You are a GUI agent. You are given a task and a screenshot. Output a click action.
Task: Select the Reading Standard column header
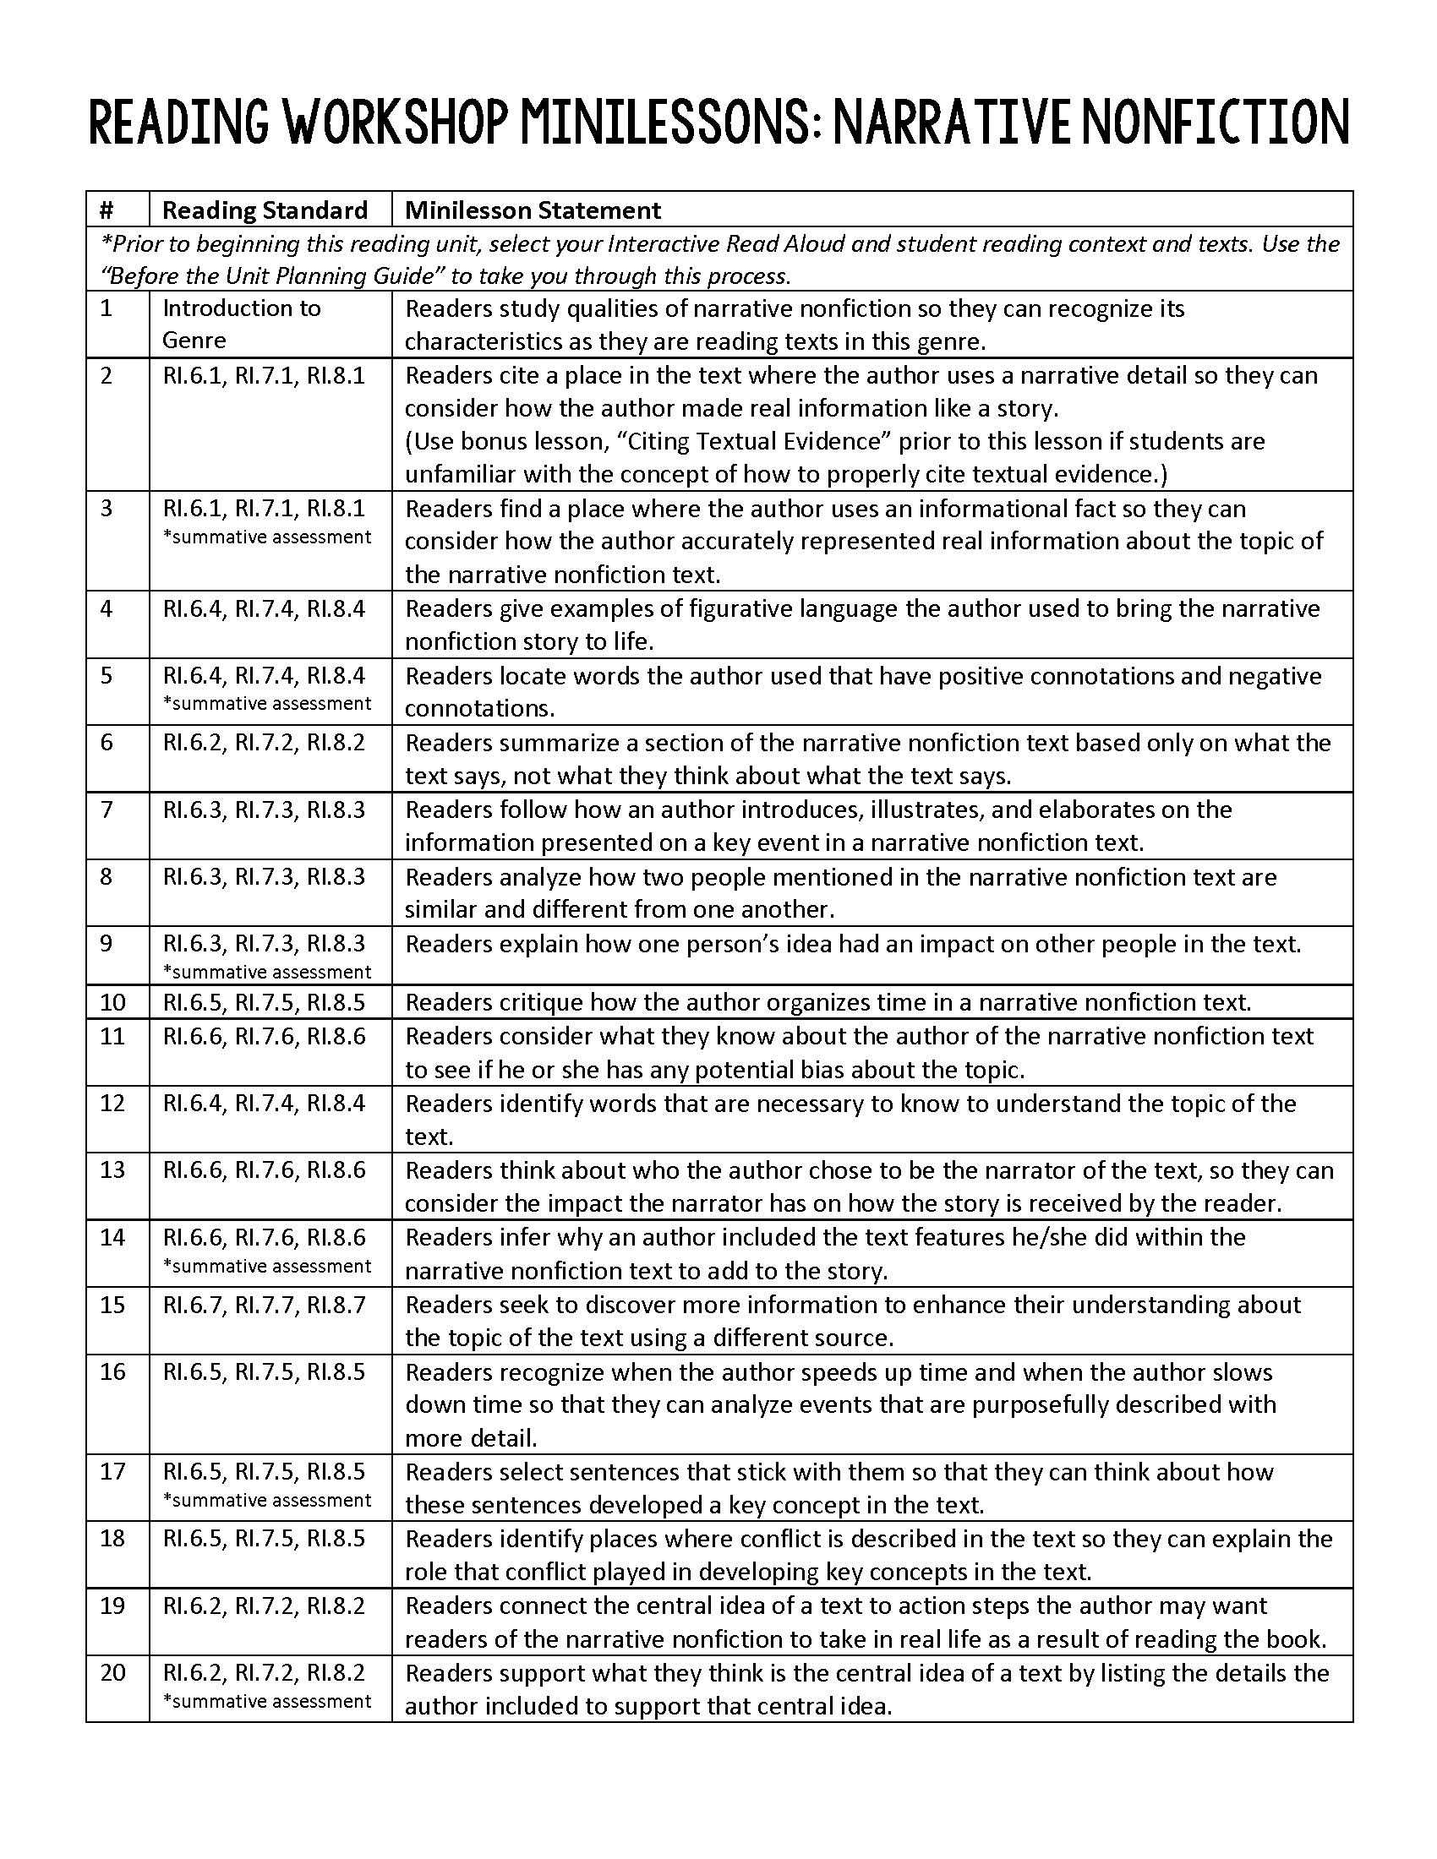coord(265,210)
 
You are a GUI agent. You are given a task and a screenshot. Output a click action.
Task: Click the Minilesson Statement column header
coord(533,210)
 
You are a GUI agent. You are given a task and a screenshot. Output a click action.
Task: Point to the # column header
coord(107,210)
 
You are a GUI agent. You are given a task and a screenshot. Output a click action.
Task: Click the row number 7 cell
coord(107,810)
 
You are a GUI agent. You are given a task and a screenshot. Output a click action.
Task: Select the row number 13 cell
coord(112,1169)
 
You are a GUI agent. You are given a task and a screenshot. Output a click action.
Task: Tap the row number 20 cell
coord(112,1672)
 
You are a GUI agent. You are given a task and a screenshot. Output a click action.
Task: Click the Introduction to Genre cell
coord(242,324)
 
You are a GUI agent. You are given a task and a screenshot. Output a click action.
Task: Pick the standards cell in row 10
coord(264,1002)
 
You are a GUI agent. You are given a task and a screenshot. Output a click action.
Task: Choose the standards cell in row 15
coord(264,1304)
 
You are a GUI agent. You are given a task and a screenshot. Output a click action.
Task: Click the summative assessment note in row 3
coord(267,537)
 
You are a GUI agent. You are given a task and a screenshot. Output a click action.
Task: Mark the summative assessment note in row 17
coord(267,1500)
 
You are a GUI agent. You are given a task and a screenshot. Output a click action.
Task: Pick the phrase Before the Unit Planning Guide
coord(272,275)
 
